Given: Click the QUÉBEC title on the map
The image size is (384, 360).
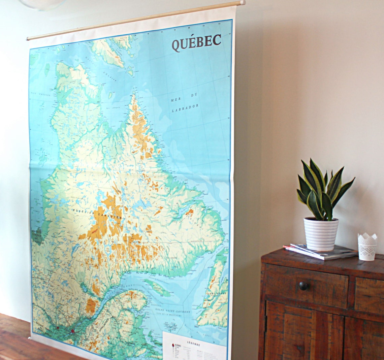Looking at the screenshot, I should pyautogui.click(x=196, y=42).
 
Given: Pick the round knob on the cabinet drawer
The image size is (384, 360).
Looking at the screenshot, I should pyautogui.click(x=303, y=286).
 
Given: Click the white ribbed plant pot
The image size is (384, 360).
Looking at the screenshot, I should pyautogui.click(x=321, y=234).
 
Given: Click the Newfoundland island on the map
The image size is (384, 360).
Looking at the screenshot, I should pyautogui.click(x=214, y=296).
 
